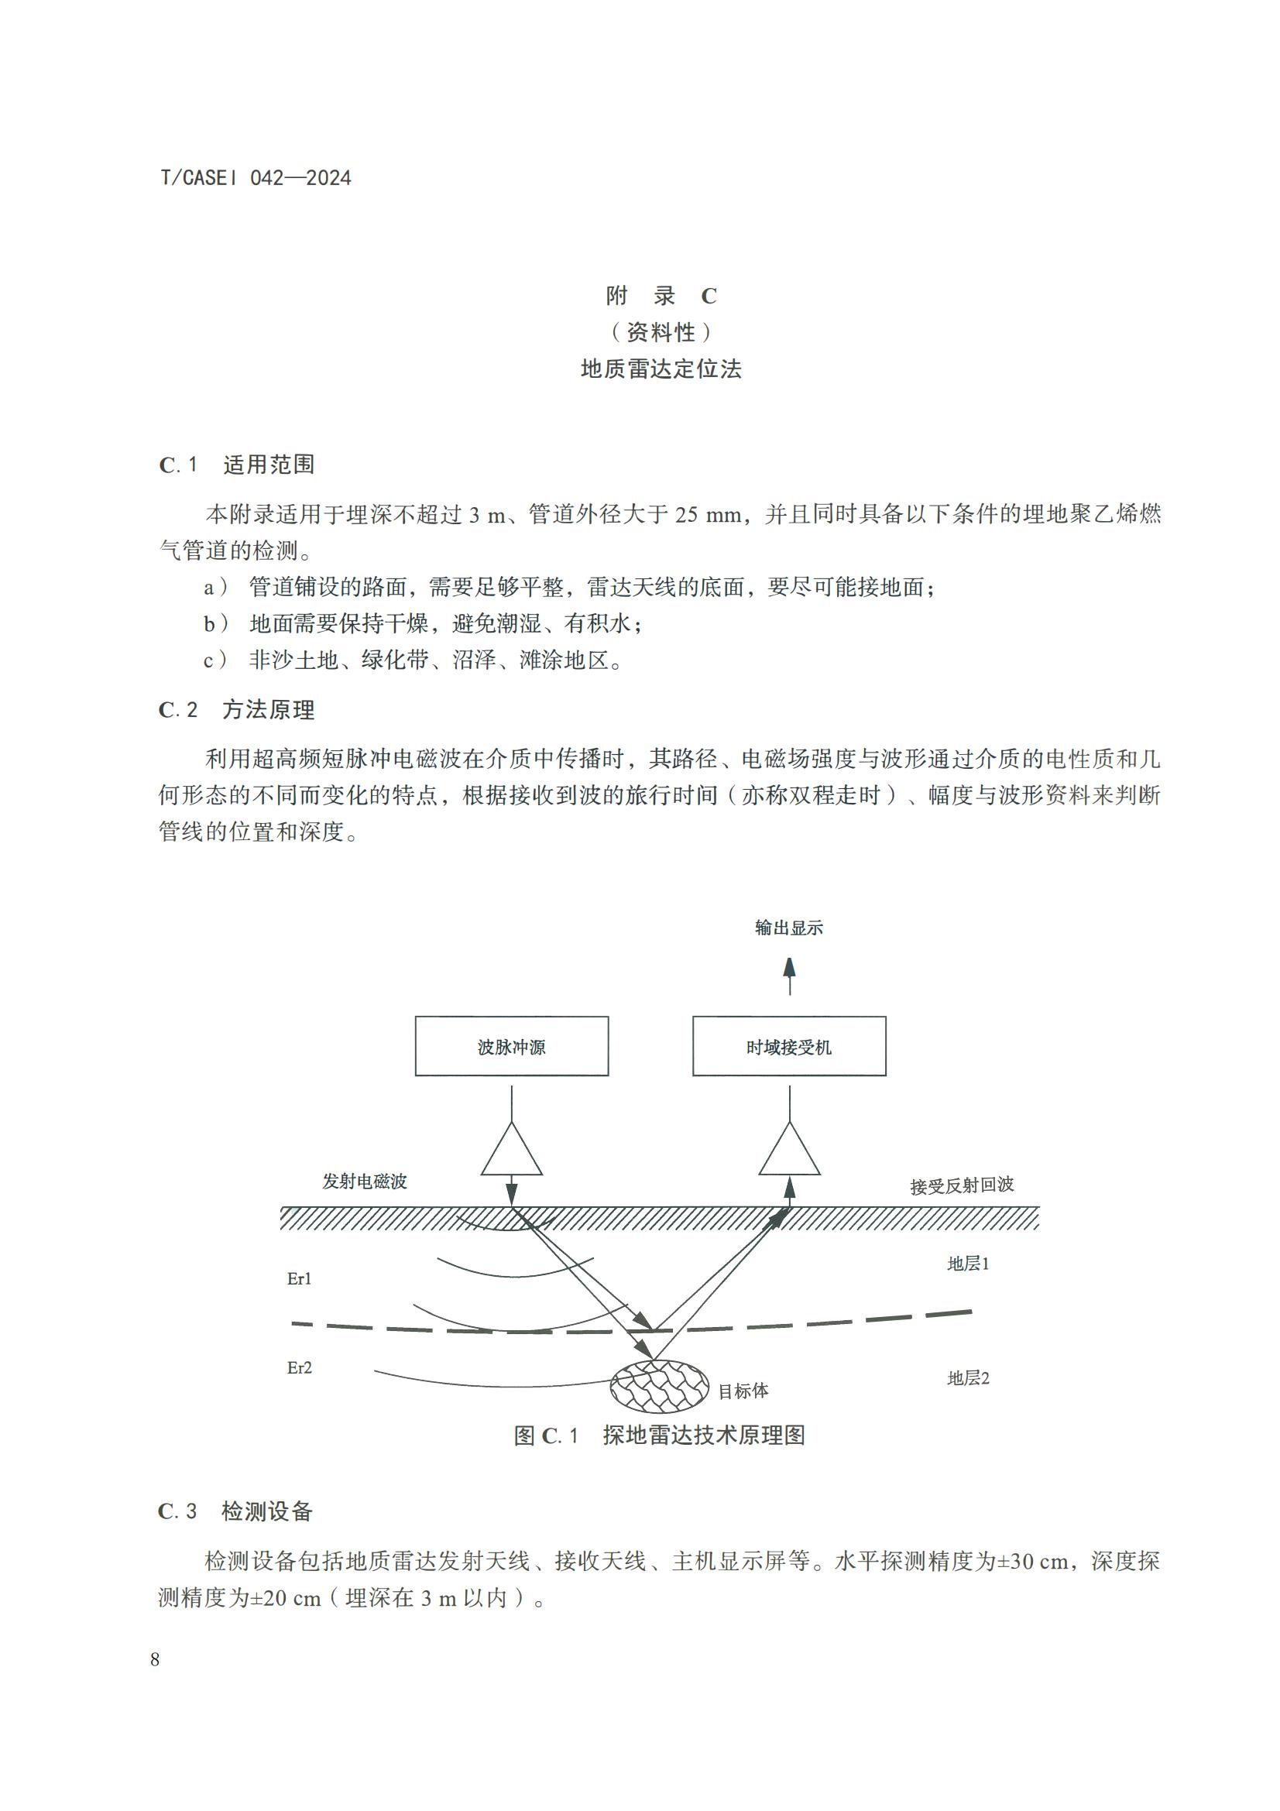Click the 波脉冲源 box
tap(512, 1046)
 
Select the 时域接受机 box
tap(788, 1046)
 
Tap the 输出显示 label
tap(788, 928)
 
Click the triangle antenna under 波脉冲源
tap(512, 1152)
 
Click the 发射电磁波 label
tap(365, 1181)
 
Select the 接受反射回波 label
tap(962, 1185)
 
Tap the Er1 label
tap(299, 1278)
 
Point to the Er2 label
tap(299, 1367)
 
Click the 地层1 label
tap(968, 1264)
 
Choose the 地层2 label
tap(968, 1378)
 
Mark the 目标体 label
tap(743, 1391)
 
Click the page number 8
tap(155, 1658)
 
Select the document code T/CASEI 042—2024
tap(256, 178)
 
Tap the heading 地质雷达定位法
tap(661, 369)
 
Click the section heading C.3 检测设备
tap(235, 1511)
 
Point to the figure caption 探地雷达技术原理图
tap(703, 1435)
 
